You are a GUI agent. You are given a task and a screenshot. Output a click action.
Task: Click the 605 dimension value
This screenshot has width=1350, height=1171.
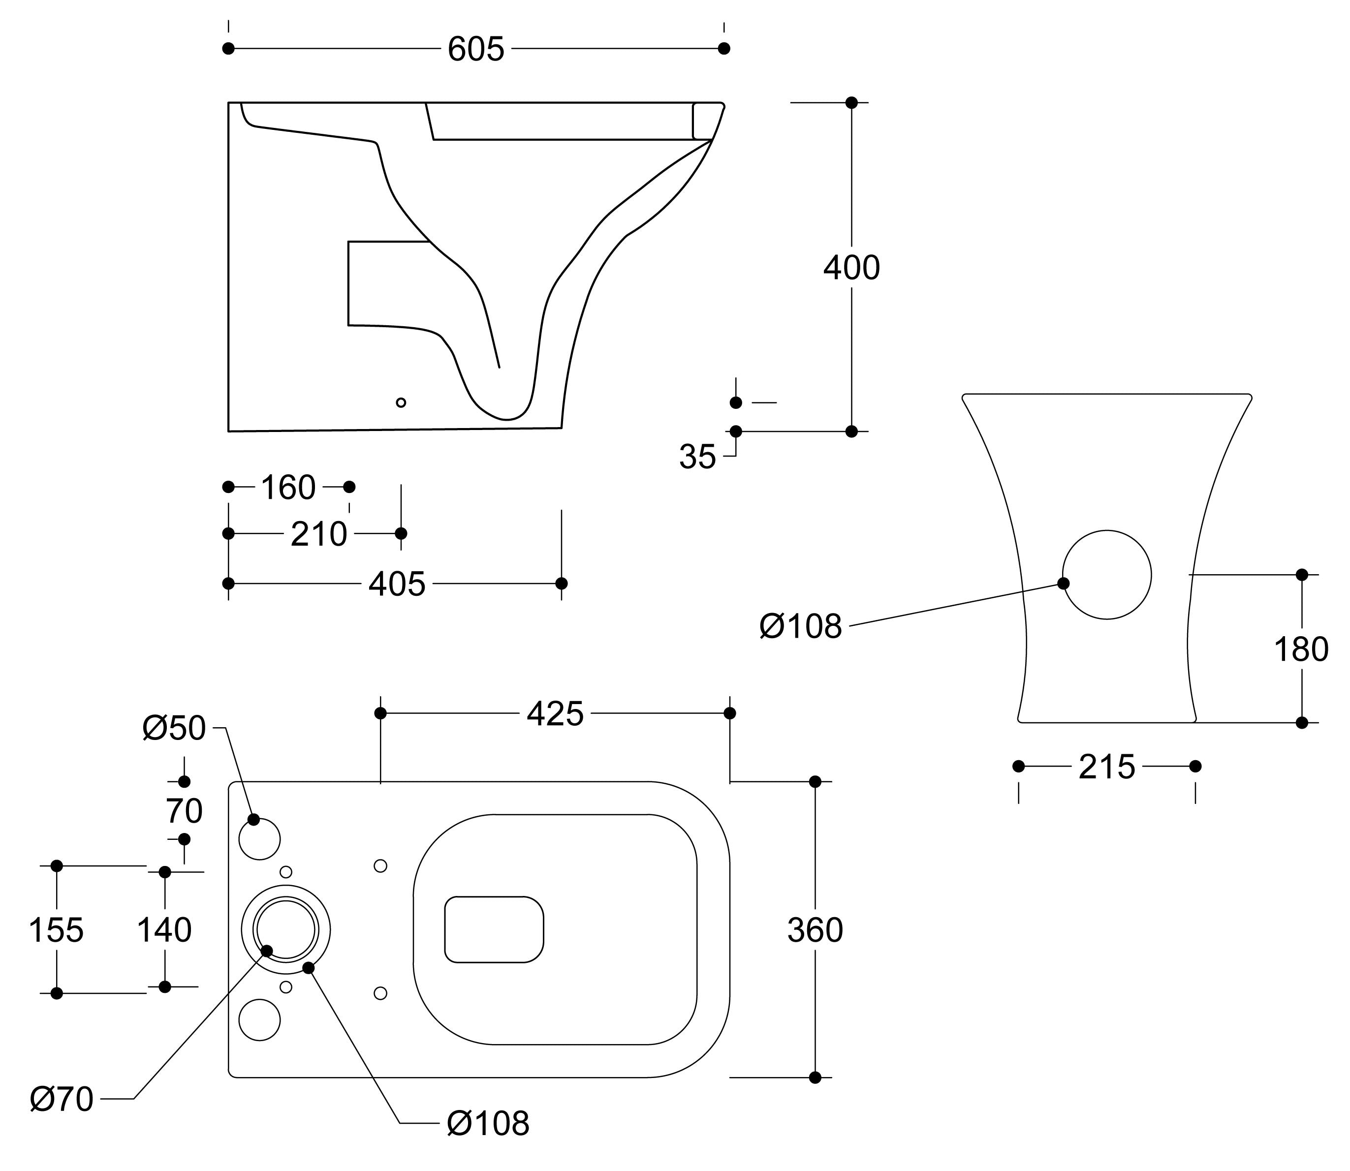(476, 49)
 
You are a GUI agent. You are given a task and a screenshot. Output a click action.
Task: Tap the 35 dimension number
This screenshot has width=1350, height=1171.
(697, 457)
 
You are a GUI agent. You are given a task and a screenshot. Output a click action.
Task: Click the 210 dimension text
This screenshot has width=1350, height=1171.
(318, 534)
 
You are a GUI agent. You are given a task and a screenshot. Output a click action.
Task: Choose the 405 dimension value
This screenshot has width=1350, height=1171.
(397, 584)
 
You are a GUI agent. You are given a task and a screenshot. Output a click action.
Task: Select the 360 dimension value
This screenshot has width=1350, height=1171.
(815, 930)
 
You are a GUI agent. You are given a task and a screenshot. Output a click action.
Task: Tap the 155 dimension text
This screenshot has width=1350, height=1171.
(56, 930)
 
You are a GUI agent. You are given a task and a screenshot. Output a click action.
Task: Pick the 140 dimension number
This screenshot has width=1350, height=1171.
(164, 930)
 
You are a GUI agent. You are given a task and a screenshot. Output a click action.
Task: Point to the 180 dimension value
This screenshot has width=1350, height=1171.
(1301, 649)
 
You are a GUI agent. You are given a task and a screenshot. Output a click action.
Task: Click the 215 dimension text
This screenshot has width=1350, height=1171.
(1107, 767)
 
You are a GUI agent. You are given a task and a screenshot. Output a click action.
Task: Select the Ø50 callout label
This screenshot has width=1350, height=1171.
(174, 728)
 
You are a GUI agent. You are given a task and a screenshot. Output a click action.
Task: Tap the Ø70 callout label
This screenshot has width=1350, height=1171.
(62, 1099)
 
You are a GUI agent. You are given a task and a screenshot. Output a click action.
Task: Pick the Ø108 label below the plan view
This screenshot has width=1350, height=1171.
(488, 1123)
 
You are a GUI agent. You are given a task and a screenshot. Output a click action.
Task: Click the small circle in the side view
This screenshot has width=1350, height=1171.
(401, 402)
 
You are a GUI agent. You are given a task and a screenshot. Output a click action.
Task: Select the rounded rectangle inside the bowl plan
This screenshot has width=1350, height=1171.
(494, 929)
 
